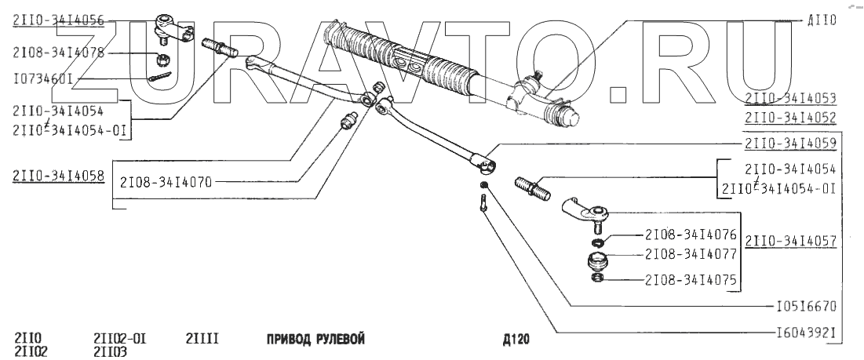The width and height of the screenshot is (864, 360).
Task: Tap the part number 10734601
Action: coord(44,78)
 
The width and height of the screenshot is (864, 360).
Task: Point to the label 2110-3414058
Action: coord(59,176)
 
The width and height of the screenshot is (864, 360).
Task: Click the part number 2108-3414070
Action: coord(165,182)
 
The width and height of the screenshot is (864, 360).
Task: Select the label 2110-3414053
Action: coord(790,98)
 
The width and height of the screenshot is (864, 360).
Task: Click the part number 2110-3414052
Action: coord(790,118)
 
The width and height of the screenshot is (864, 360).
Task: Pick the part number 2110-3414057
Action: coord(790,242)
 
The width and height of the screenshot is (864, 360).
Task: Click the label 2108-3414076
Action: coord(691,234)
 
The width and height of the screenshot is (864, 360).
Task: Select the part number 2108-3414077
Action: coord(691,255)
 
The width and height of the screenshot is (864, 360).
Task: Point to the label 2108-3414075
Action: coord(691,278)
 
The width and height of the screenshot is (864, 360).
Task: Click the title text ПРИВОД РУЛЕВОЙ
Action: coord(316,340)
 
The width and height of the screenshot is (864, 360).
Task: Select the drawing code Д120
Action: coord(517,340)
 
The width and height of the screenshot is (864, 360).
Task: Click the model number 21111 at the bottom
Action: coord(202,339)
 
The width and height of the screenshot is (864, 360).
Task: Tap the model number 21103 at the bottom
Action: coord(110,351)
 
